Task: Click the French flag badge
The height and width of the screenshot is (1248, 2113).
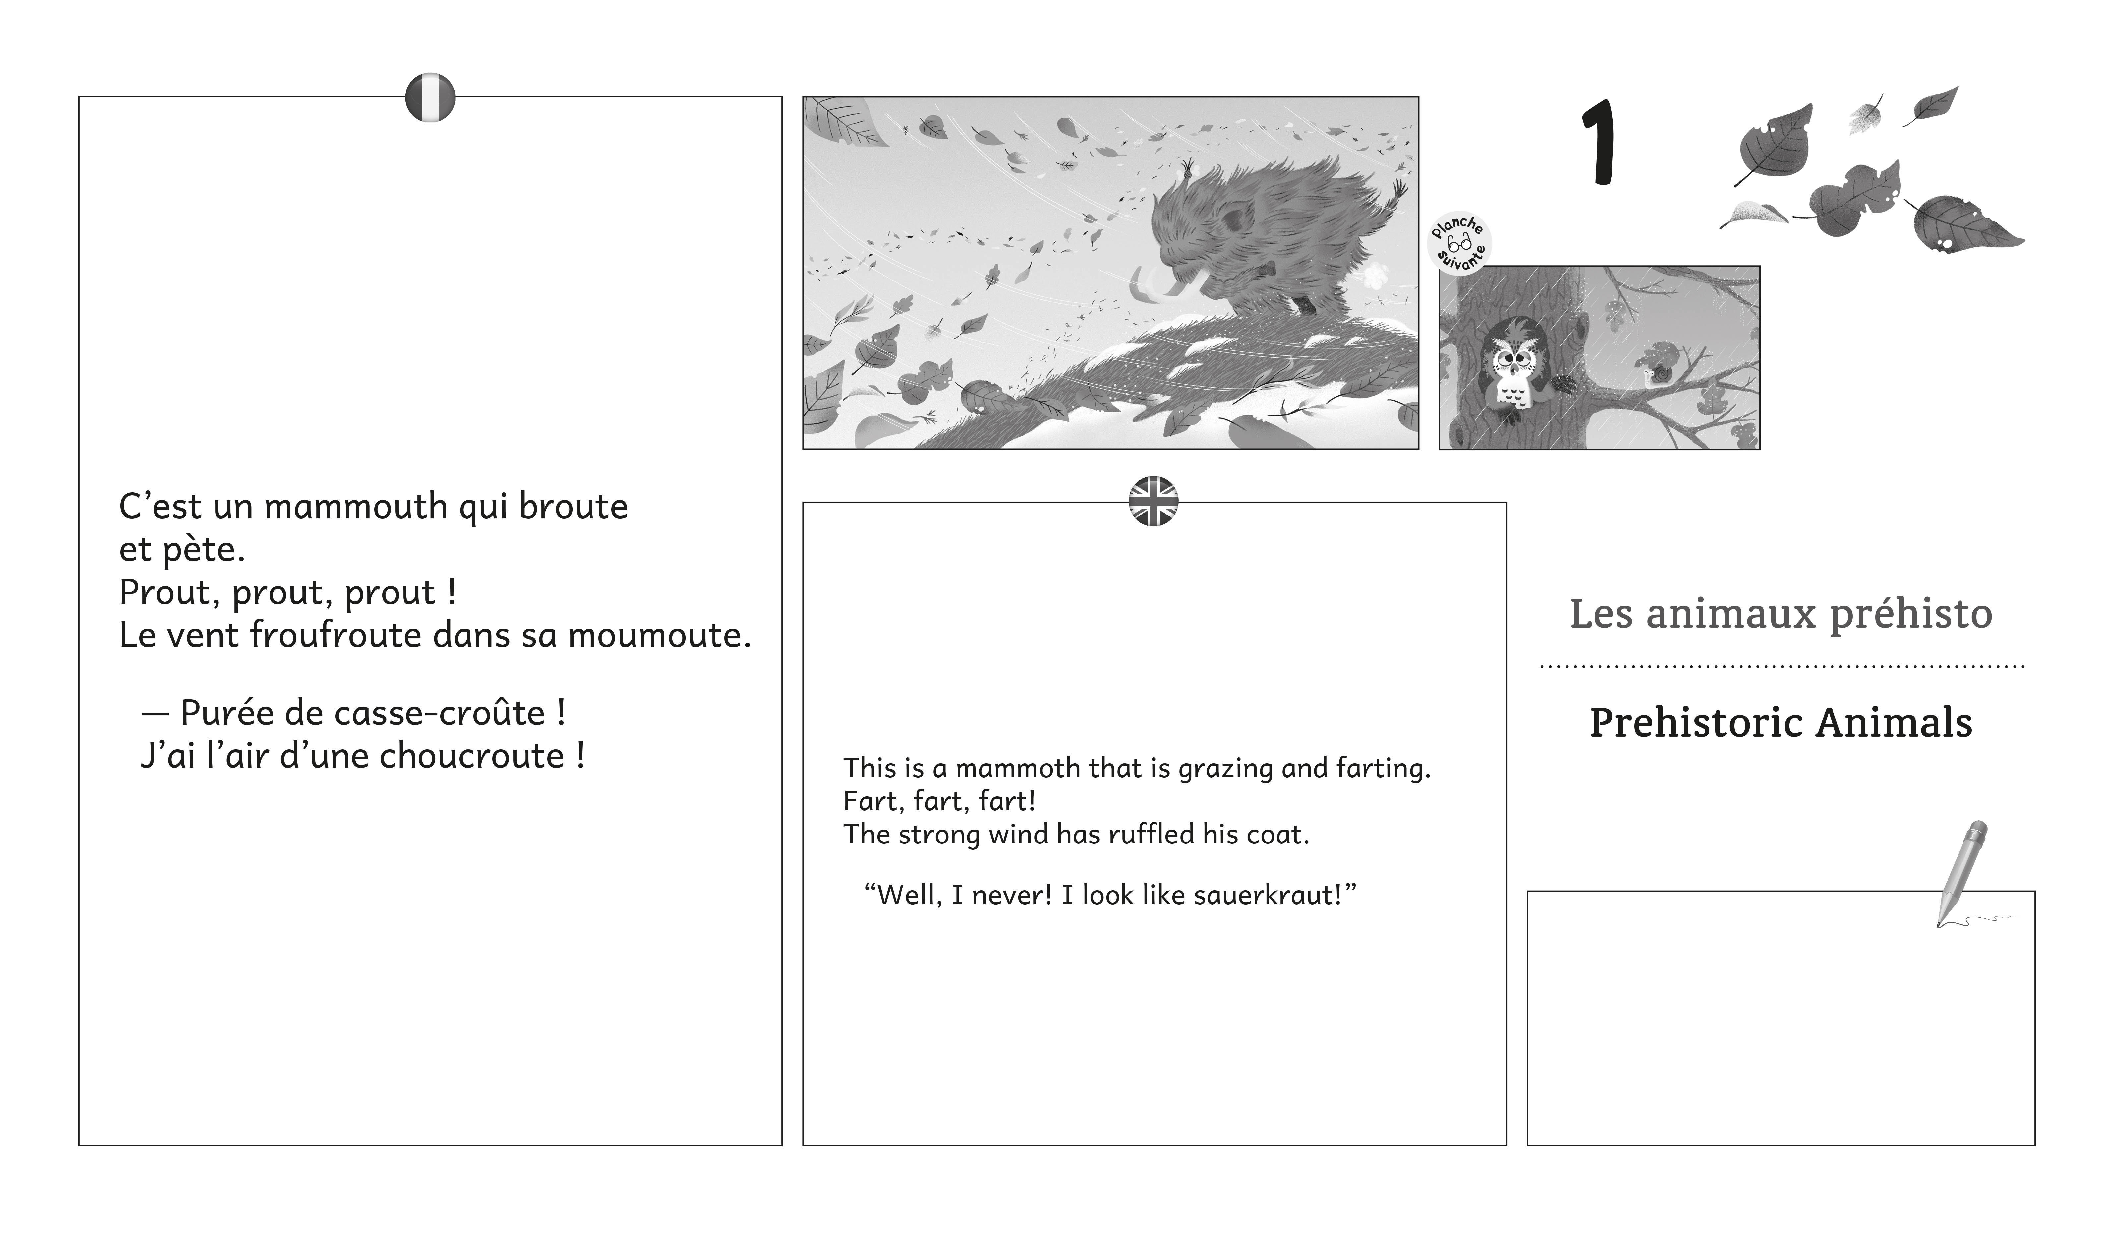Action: pos(430,97)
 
